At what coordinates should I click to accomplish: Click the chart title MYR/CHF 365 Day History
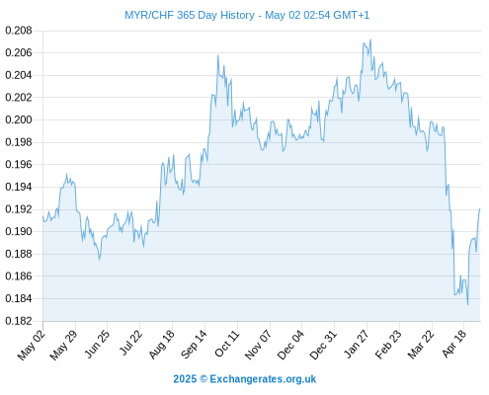point(190,15)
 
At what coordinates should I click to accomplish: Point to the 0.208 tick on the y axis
point(19,31)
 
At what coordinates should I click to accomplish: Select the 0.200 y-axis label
point(19,119)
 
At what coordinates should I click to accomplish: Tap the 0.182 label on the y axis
point(19,321)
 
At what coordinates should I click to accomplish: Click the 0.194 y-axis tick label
point(19,187)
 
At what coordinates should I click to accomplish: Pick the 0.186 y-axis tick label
point(19,276)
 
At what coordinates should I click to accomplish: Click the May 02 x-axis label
point(31,345)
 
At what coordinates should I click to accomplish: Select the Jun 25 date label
point(97,344)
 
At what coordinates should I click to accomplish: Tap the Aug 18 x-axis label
point(162,344)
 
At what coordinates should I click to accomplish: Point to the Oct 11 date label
point(227,344)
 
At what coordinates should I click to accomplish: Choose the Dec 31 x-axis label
point(323,345)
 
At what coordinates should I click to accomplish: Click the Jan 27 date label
point(357,344)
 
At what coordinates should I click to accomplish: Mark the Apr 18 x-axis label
point(454,344)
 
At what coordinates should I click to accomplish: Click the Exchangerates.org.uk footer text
point(263,379)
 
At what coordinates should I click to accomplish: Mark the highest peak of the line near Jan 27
point(370,39)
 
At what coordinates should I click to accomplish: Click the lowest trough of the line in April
point(467,304)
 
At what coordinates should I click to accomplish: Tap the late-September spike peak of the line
point(218,55)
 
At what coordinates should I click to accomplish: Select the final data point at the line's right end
point(480,209)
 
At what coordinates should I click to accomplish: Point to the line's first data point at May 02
point(42,216)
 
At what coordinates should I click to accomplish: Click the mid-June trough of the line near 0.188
point(100,260)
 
